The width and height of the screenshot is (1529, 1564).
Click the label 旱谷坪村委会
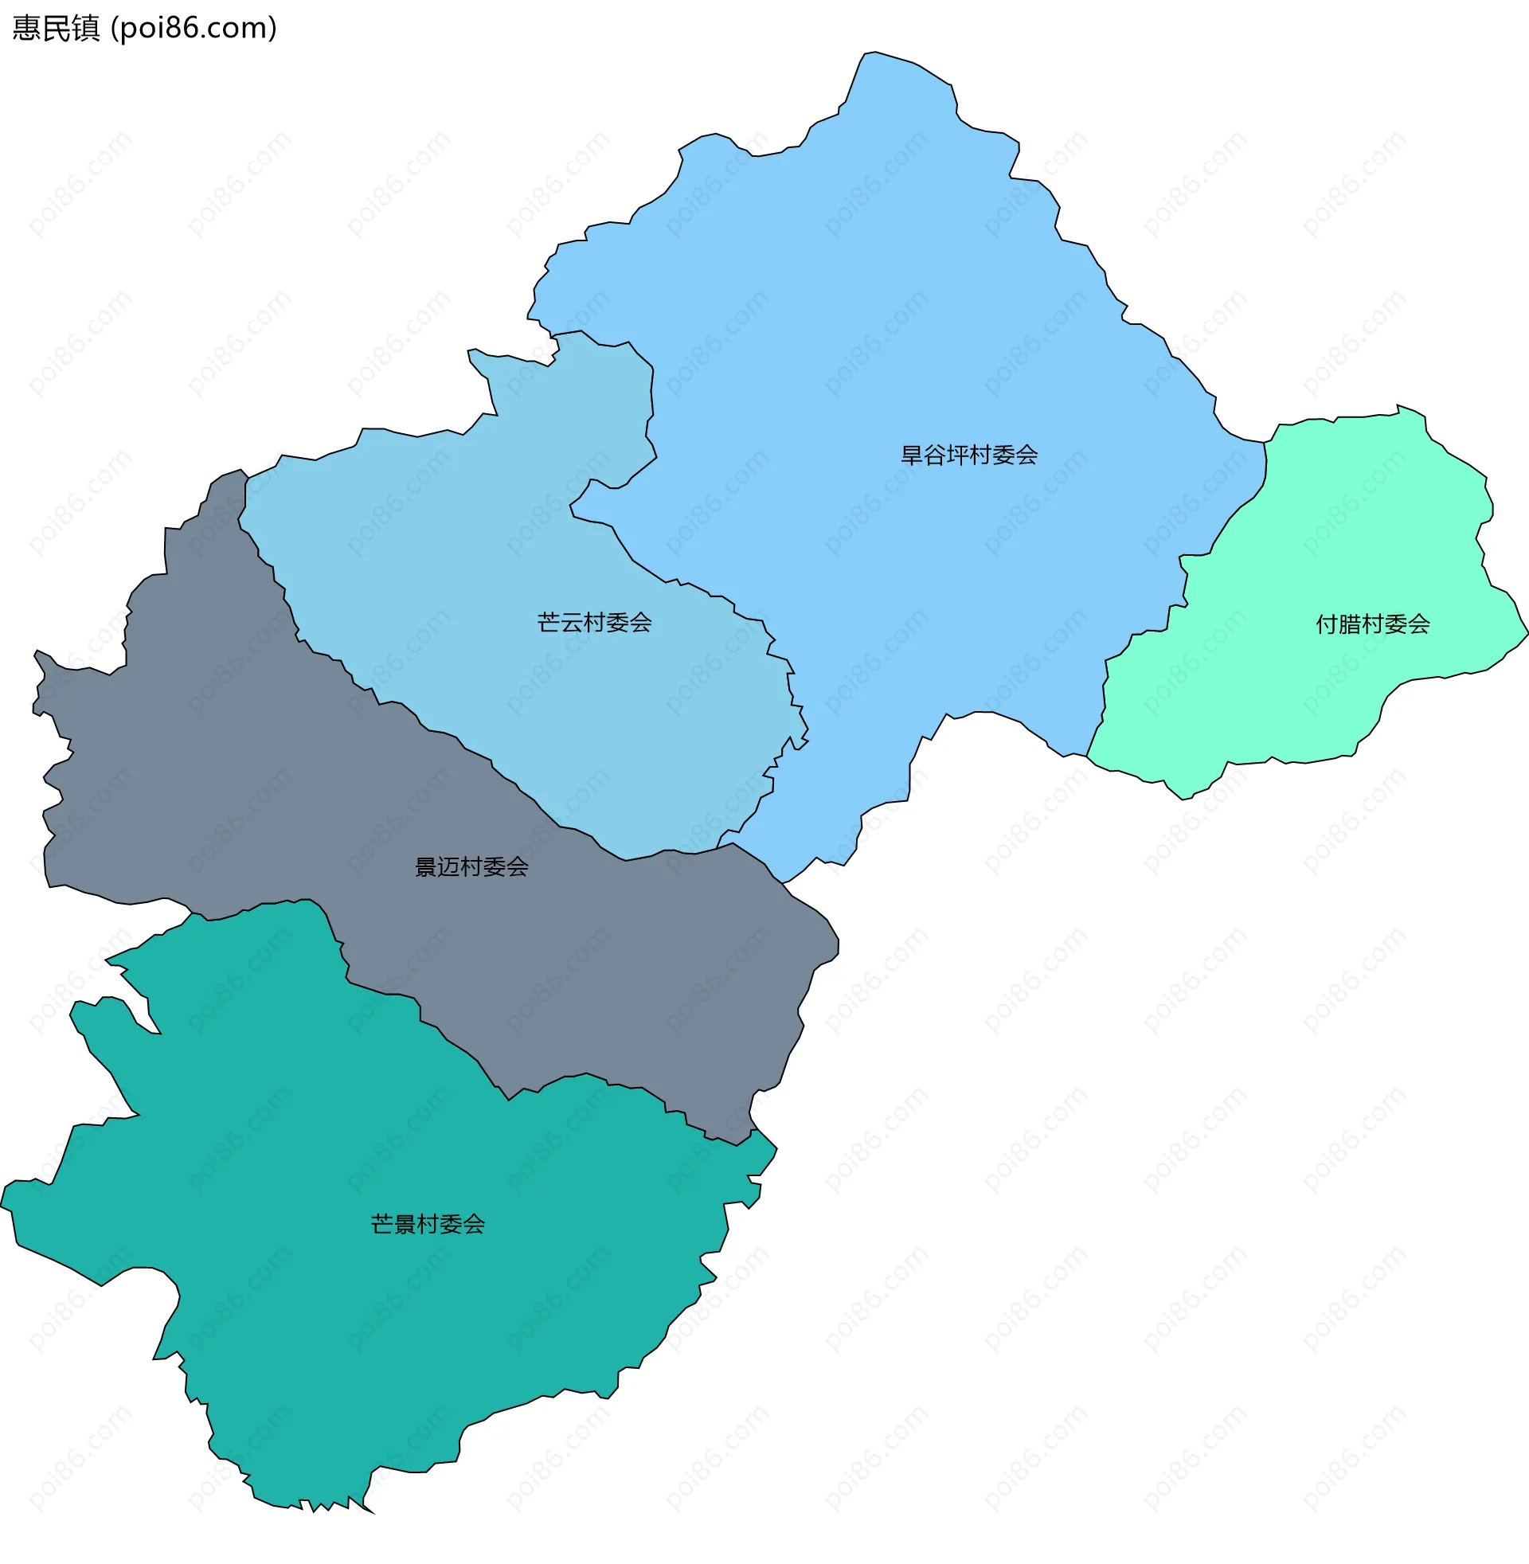pyautogui.click(x=968, y=456)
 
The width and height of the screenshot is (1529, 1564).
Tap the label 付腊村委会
pyautogui.click(x=1372, y=624)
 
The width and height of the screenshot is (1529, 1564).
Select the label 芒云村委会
pyautogui.click(x=594, y=622)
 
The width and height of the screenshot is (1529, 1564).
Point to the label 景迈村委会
pyautogui.click(x=471, y=866)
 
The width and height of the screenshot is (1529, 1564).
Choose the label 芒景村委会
pyautogui.click(x=427, y=1224)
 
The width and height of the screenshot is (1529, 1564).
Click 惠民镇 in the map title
pyautogui.click(x=57, y=28)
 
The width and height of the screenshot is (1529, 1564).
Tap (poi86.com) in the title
pyautogui.click(x=194, y=28)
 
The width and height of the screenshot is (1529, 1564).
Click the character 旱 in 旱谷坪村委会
pyautogui.click(x=912, y=456)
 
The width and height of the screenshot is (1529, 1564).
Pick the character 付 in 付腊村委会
pyautogui.click(x=1327, y=624)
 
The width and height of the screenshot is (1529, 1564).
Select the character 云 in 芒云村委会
pyautogui.click(x=571, y=622)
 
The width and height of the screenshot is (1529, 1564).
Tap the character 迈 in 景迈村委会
pyautogui.click(x=448, y=866)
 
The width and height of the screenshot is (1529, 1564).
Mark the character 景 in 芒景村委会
pyautogui.click(x=404, y=1224)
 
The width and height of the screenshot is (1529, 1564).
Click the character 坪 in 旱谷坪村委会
pyautogui.click(x=957, y=456)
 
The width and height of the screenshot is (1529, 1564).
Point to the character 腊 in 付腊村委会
pyautogui.click(x=1349, y=624)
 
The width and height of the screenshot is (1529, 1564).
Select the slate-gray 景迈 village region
pyautogui.click(x=241, y=763)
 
